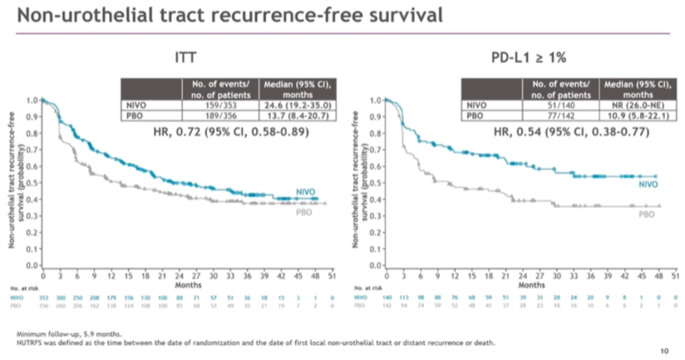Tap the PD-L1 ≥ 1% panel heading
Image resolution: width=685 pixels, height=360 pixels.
528,59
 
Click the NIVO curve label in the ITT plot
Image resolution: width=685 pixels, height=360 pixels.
305,191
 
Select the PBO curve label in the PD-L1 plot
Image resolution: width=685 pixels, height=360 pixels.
646,215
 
